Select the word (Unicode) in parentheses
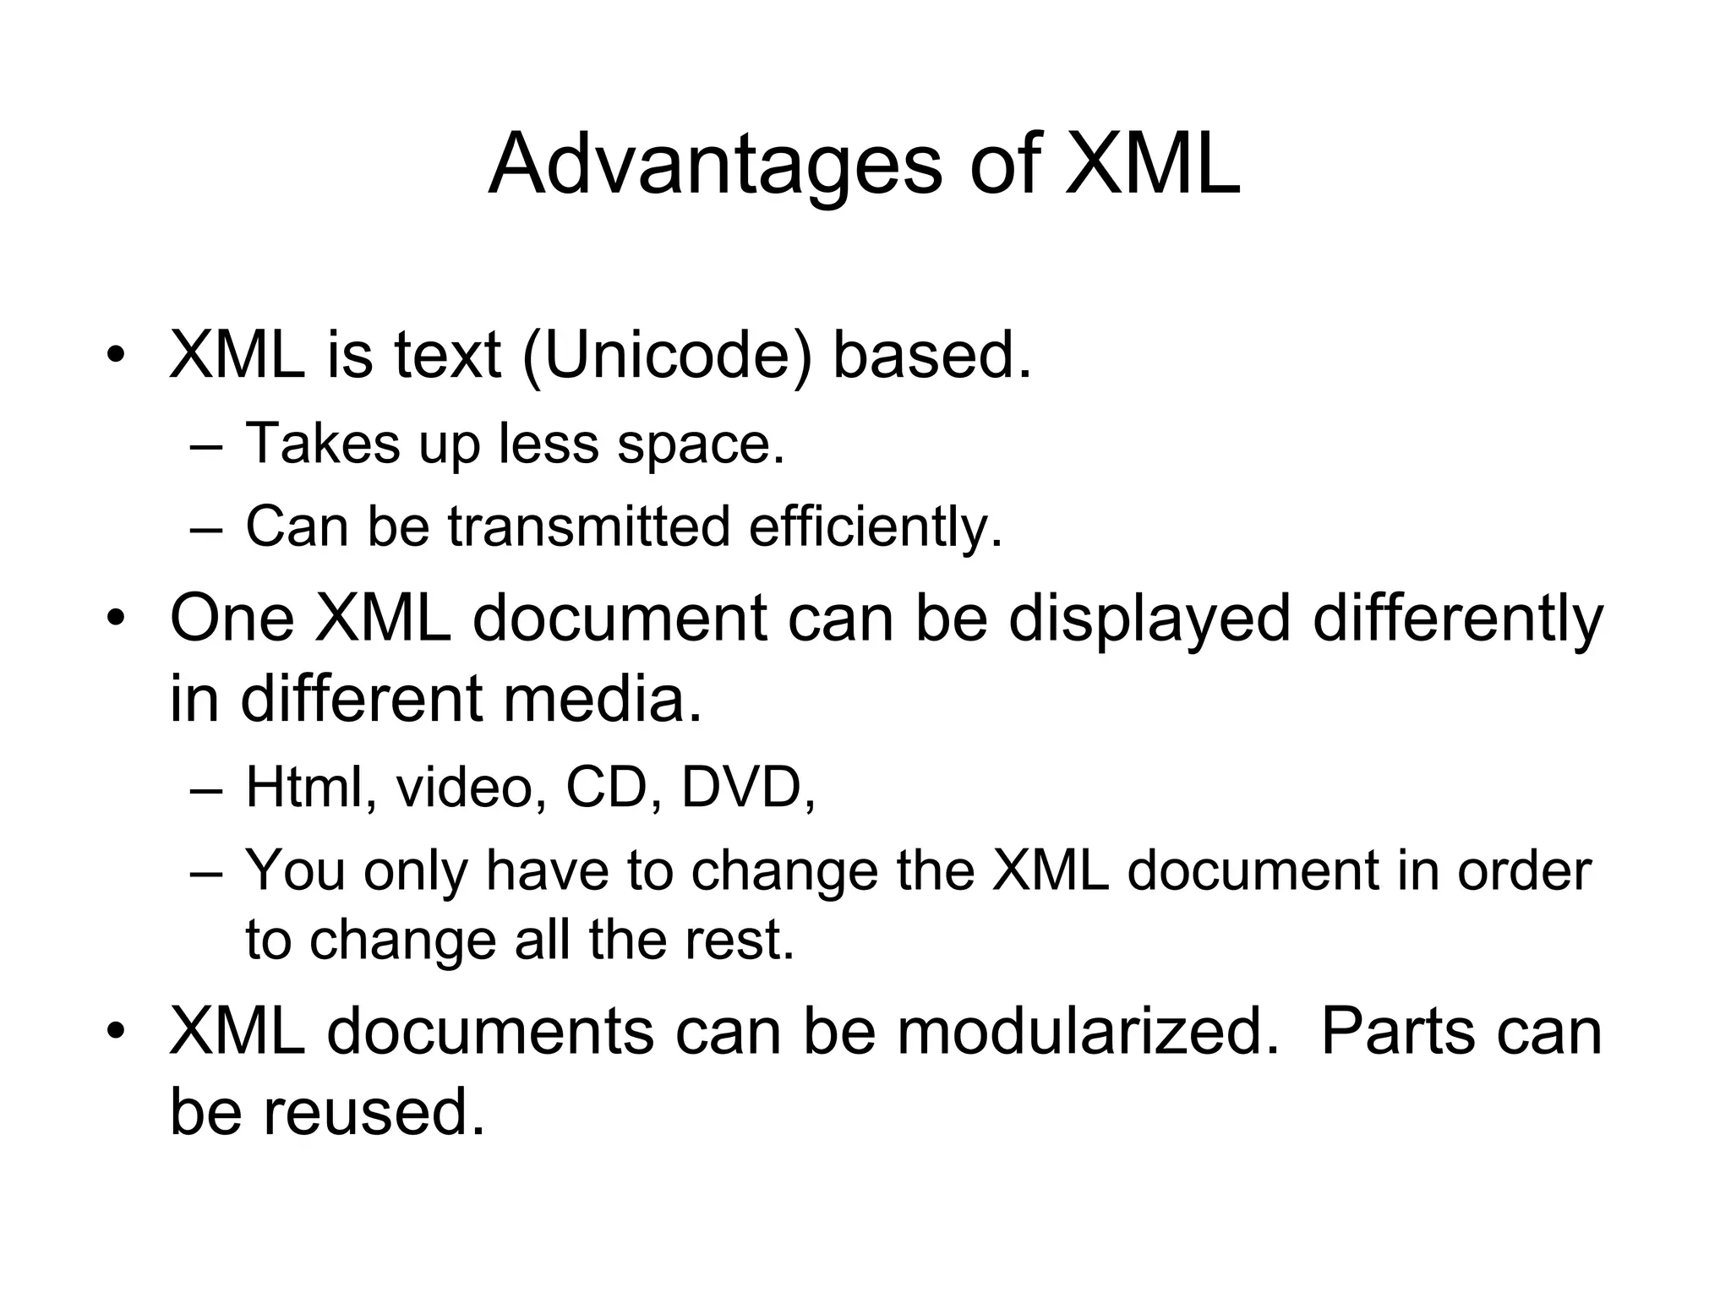[x=668, y=355]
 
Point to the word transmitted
[x=588, y=526]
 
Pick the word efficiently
[x=876, y=527]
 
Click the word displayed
[x=1149, y=619]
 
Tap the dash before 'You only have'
[x=206, y=873]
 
